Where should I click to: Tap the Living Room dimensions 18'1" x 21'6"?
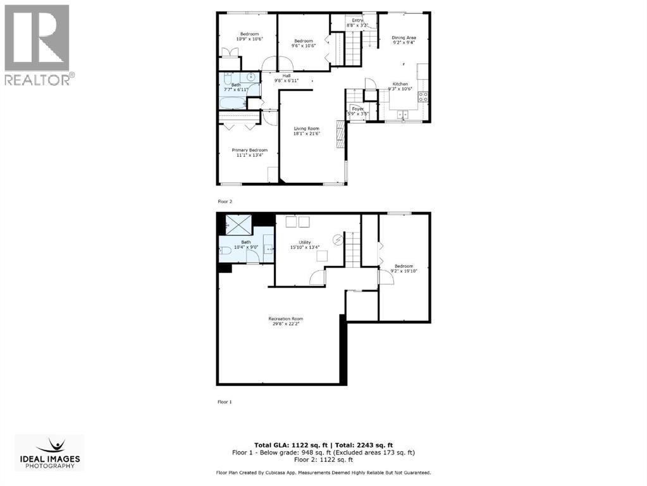pyautogui.click(x=306, y=134)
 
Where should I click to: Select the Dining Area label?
pyautogui.click(x=404, y=38)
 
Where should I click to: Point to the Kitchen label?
pyautogui.click(x=400, y=84)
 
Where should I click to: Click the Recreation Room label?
pyautogui.click(x=285, y=318)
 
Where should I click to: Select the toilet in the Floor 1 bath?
pyautogui.click(x=226, y=252)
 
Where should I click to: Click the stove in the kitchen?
pyautogui.click(x=422, y=97)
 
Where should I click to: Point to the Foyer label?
pyautogui.click(x=357, y=108)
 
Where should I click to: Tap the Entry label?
pyautogui.click(x=358, y=20)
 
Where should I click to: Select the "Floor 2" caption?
pyautogui.click(x=225, y=201)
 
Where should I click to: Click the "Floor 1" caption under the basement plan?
pyautogui.click(x=225, y=402)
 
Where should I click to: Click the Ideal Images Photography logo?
pyautogui.click(x=49, y=452)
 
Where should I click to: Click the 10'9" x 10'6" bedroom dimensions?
pyautogui.click(x=249, y=39)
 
